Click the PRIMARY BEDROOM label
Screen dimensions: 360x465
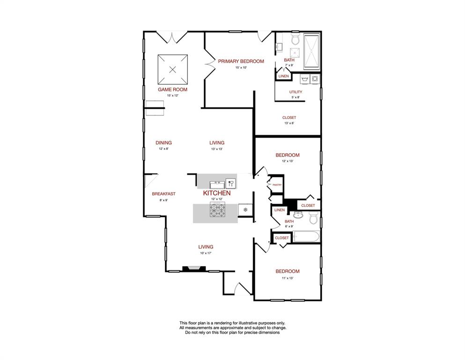(x=241, y=61)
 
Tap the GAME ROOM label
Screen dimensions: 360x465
(x=172, y=89)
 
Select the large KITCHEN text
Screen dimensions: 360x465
(x=216, y=193)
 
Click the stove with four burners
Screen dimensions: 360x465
(x=217, y=210)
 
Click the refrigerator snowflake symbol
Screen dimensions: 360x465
(x=245, y=210)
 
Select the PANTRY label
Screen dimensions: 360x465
(x=277, y=185)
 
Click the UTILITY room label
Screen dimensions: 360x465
(x=295, y=92)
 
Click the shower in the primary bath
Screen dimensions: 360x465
(x=311, y=51)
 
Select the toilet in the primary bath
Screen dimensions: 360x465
(x=295, y=37)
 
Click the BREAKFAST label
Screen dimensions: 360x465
(x=163, y=194)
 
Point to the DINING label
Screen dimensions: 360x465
(x=163, y=143)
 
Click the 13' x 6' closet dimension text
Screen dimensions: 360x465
(x=289, y=123)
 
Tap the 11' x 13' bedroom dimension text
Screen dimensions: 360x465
(x=287, y=278)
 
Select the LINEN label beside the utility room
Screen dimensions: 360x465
(x=283, y=76)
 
